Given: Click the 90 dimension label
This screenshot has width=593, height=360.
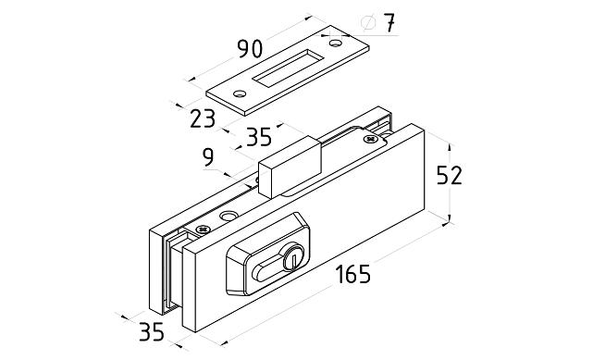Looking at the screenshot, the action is point(250,48).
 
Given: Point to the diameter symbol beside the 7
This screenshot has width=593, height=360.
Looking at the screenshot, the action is point(368,23).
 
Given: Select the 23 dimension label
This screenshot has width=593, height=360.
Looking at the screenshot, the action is point(203,118).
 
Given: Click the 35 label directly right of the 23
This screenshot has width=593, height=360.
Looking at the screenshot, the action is point(259,137).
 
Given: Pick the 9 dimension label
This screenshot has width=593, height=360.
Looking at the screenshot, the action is point(208,157).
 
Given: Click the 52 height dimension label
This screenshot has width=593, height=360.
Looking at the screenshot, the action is point(450,175).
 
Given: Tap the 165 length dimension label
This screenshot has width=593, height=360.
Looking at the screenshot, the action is point(352,274).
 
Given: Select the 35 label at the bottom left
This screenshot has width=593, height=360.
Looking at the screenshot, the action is point(152,331).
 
